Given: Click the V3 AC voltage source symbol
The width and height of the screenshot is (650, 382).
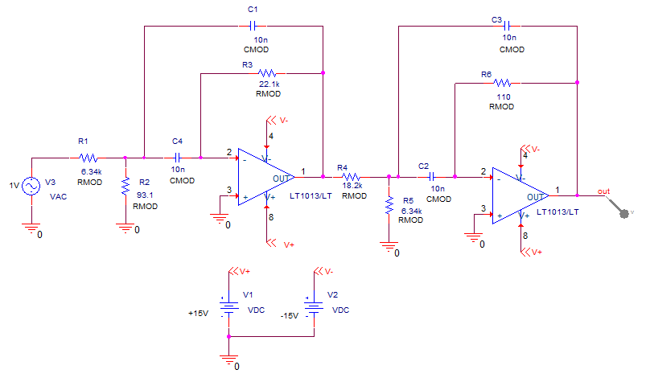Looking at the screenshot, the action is coord(31,186).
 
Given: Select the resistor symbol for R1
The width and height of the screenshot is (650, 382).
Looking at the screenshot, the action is coord(88,158).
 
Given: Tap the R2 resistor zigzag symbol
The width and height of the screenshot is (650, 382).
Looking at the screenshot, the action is coord(125,186).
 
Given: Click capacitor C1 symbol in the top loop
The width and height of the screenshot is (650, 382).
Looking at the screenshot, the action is coord(253,26).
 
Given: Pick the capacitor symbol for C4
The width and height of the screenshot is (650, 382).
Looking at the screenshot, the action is coord(177,158).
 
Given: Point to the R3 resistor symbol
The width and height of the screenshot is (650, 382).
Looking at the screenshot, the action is coord(267,73).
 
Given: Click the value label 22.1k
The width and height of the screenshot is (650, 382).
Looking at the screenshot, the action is coord(269,84).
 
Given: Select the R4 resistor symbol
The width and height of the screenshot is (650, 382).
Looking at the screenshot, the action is coord(351,177).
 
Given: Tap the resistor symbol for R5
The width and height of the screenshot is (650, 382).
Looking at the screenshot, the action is coord(389,205).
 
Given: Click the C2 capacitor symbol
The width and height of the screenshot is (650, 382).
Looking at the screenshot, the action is coord(431,177).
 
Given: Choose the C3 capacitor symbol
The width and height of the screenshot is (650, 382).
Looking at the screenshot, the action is coord(507,26).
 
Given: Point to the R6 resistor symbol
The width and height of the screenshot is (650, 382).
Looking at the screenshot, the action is coord(503,83).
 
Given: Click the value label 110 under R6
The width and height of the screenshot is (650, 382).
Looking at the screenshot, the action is coord(504,97).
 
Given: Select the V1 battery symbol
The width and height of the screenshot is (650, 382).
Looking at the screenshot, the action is coord(228,307).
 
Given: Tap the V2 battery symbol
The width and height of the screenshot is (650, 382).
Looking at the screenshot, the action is coord(314,307).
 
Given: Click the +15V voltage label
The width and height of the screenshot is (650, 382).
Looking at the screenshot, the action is coord(198,313).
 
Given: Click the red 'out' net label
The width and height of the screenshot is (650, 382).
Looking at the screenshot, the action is coord(603,191).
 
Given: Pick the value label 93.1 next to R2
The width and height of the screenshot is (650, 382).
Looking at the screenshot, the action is coord(145,195).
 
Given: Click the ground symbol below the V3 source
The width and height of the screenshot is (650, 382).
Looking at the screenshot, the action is coord(31,228).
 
